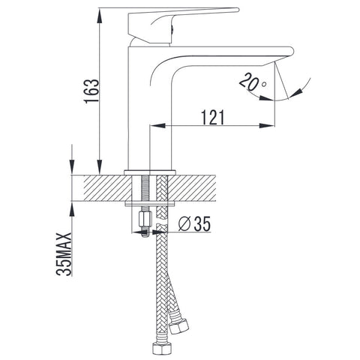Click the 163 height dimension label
[91, 91]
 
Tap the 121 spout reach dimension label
[213, 117]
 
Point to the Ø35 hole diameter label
[194, 223]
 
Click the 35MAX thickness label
[63, 254]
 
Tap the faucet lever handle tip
[238, 10]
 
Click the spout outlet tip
[292, 51]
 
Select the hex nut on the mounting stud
[145, 219]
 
